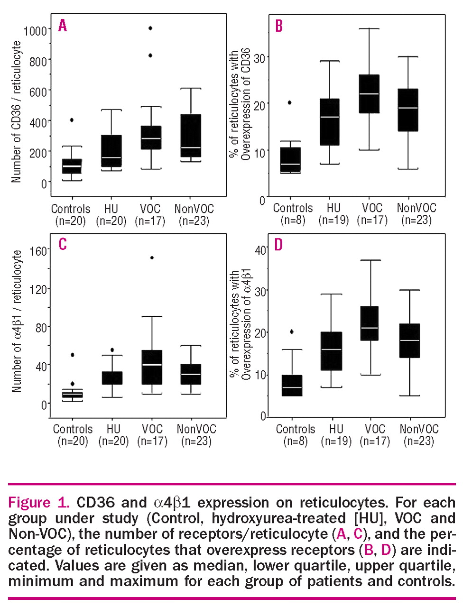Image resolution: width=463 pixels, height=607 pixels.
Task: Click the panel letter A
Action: [x=63, y=25]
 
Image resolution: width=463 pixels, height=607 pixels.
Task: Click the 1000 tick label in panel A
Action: [x=36, y=30]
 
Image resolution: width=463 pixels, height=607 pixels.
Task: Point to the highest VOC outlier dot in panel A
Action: [x=150, y=28]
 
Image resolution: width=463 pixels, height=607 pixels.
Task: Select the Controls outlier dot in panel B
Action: [x=290, y=102]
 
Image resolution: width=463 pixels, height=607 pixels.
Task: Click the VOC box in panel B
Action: [x=369, y=94]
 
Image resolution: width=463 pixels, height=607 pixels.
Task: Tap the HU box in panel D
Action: [x=331, y=351]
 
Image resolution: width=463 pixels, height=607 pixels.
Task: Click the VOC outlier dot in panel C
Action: [x=152, y=258]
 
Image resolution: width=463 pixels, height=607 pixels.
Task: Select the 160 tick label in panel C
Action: [x=38, y=250]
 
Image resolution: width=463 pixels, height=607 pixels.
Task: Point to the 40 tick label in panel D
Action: [x=260, y=250]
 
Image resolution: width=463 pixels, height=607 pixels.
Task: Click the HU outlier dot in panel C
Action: [x=112, y=350]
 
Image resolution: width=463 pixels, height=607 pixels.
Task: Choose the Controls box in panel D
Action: [x=292, y=386]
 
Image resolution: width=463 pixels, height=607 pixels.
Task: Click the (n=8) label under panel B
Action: [x=293, y=220]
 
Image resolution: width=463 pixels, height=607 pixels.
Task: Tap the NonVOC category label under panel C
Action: [x=196, y=429]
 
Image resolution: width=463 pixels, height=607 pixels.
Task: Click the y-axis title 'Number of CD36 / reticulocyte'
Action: [x=17, y=111]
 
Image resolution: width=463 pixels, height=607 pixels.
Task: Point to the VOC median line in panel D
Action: [x=370, y=328]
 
